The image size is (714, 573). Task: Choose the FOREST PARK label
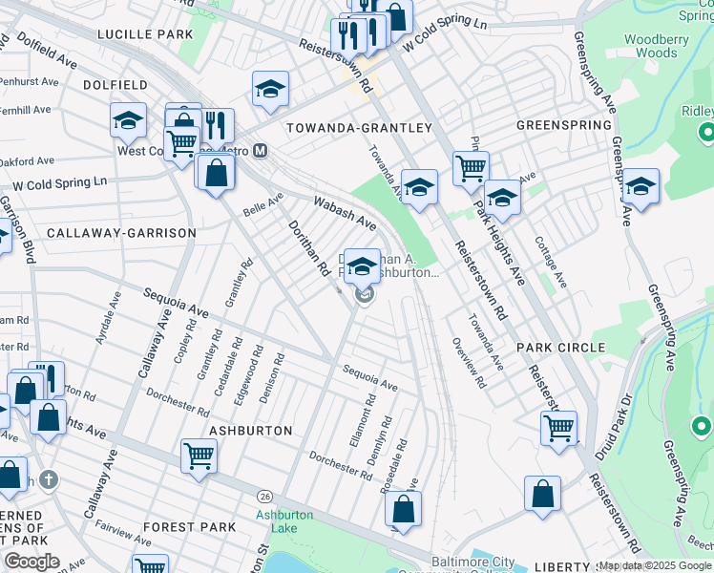189,526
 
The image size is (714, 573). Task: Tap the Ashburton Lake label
284,521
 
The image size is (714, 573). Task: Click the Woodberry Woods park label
650,47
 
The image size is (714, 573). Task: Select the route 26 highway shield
264,496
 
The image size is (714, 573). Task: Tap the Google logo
31,562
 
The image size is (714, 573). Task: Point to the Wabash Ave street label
345,213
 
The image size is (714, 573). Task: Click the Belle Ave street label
263,203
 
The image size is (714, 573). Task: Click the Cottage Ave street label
551,262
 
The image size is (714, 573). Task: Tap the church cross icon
49,479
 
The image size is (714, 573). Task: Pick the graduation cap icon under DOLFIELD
127,119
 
